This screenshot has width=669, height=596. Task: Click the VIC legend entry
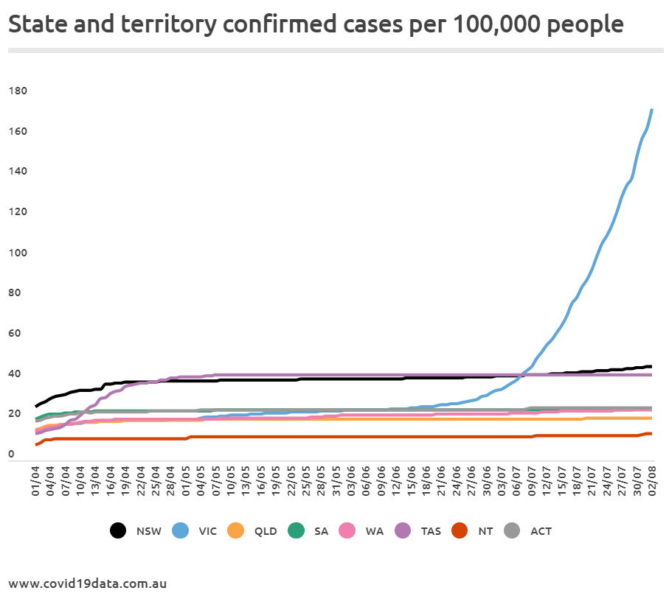click(195, 530)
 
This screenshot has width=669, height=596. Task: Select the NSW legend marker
click(118, 530)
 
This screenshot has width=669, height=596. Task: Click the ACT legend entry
click(529, 530)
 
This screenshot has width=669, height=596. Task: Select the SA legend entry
click(309, 530)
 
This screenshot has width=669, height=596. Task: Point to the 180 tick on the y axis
click(18, 91)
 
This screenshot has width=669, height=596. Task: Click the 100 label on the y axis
click(18, 253)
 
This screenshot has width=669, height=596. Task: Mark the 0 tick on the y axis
click(12, 455)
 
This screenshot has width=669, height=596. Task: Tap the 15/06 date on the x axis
click(412, 480)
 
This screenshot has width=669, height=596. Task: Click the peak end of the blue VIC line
click(651, 110)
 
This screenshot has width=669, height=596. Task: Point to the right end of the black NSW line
click(650, 366)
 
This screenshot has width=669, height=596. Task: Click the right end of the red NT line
click(650, 433)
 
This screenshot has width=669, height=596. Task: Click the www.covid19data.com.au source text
click(88, 583)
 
